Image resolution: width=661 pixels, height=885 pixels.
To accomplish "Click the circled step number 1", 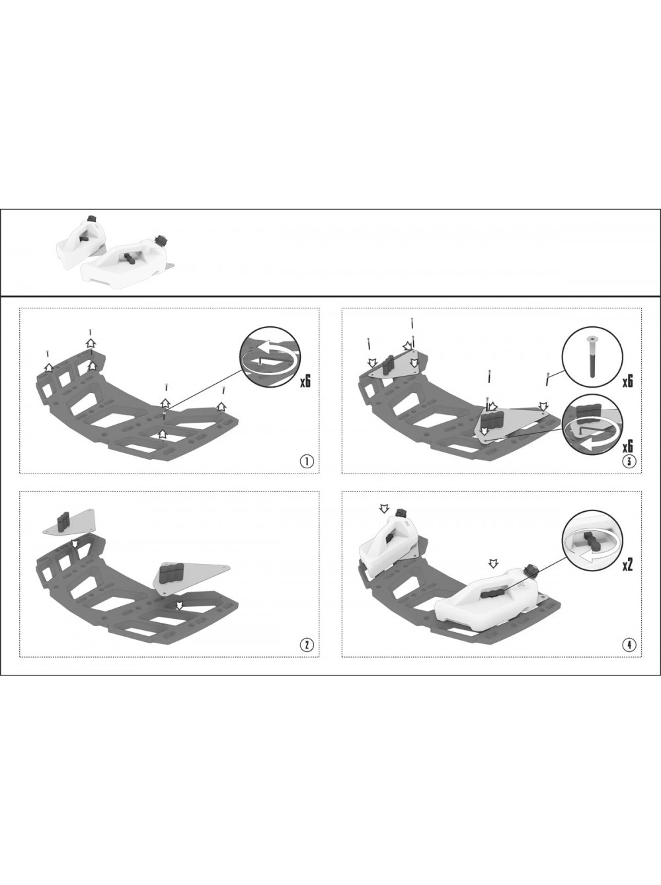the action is click(x=307, y=462).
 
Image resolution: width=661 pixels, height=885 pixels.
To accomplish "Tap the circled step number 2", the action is click(x=307, y=645).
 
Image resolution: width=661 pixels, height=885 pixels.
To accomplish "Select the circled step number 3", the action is click(x=629, y=462).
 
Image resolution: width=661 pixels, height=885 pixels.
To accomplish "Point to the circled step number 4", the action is click(x=629, y=645).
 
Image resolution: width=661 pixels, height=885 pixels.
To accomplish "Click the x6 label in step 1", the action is click(x=305, y=382).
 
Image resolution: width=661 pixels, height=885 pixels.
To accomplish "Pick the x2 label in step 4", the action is click(x=627, y=565).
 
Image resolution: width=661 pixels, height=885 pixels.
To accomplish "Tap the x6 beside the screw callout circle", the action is click(x=627, y=382).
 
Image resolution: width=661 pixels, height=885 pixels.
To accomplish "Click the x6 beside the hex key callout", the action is click(x=627, y=446).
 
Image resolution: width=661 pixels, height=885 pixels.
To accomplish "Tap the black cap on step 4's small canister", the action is click(x=401, y=513).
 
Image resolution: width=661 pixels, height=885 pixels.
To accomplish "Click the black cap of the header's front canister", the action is click(x=163, y=240).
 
